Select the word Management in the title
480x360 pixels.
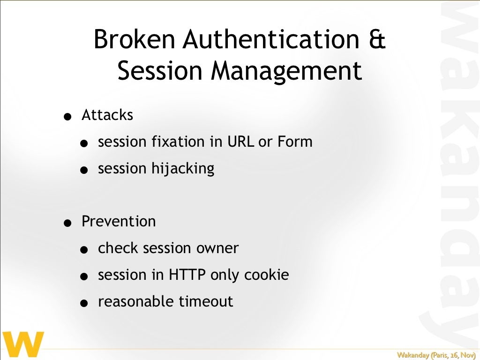click(286, 71)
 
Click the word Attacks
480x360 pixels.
click(107, 115)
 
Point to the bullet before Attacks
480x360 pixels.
click(69, 117)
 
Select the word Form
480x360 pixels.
click(294, 142)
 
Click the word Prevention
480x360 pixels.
click(119, 221)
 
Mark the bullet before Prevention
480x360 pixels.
click(69, 224)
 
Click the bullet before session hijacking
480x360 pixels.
click(83, 171)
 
